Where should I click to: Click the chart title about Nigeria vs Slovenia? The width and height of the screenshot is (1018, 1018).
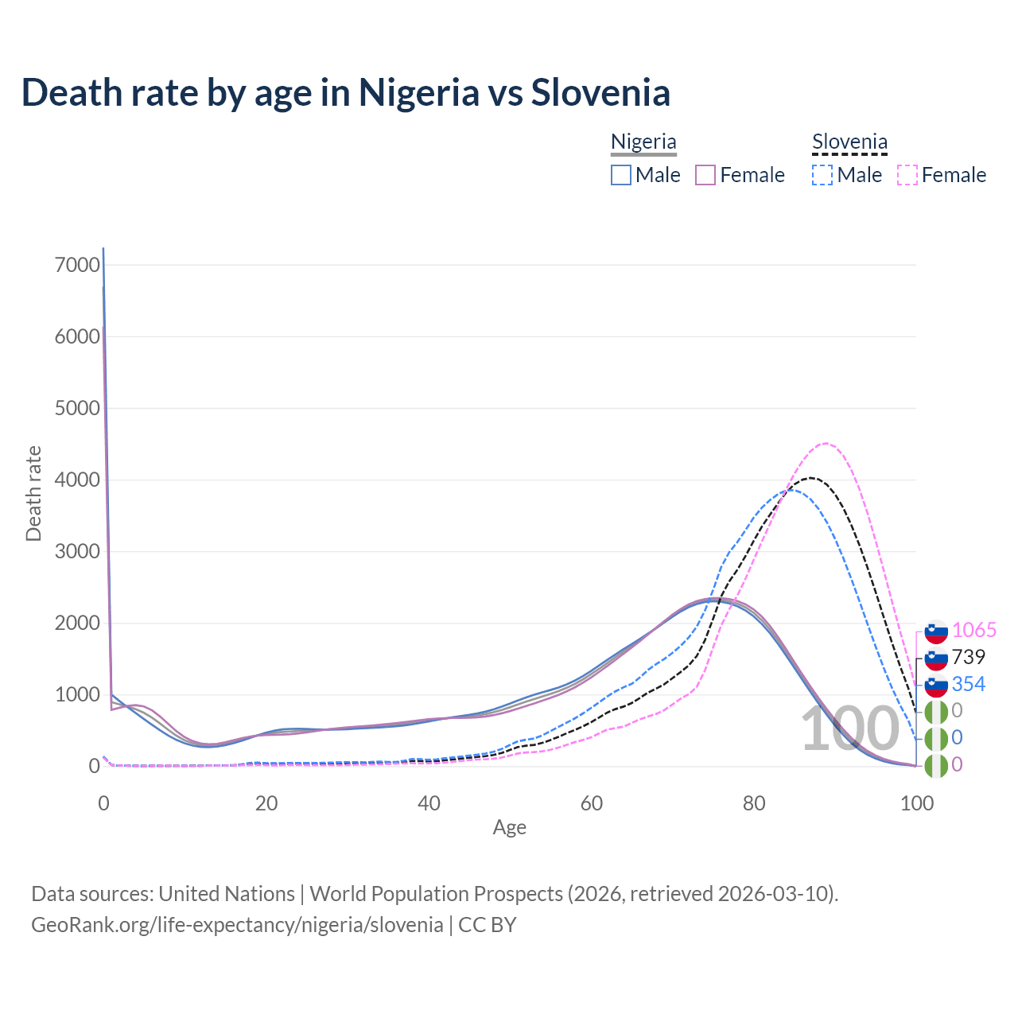click(x=346, y=92)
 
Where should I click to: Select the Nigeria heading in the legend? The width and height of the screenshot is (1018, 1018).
click(x=643, y=142)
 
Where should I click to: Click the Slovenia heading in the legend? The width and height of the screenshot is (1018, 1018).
click(x=849, y=142)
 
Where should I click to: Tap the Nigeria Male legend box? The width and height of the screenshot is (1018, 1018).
click(x=621, y=175)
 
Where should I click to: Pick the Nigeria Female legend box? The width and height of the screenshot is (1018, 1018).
click(x=705, y=175)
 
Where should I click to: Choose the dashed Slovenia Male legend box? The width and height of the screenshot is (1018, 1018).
click(x=822, y=175)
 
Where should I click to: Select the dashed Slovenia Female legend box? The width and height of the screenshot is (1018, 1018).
click(x=907, y=175)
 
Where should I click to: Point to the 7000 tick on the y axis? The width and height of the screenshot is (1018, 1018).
click(x=77, y=265)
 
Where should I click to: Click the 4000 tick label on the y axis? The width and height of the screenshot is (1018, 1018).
click(x=77, y=480)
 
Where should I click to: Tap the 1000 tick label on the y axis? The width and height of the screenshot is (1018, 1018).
click(x=77, y=694)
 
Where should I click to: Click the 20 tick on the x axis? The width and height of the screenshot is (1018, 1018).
click(x=266, y=803)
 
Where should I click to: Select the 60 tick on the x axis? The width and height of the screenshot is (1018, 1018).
click(x=592, y=803)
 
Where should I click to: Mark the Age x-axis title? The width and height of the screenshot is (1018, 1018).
click(x=509, y=828)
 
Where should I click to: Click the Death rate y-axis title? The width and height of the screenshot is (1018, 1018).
click(x=33, y=493)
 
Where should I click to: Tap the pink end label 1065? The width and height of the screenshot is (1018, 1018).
click(x=973, y=630)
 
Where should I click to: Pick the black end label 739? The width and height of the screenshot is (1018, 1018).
click(x=968, y=657)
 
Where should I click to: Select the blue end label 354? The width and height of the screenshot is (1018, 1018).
click(x=968, y=684)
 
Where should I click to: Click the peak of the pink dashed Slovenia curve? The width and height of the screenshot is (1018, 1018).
click(x=826, y=443)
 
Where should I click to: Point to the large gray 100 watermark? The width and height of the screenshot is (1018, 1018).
click(x=849, y=730)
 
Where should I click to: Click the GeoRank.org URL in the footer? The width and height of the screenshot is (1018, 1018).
click(x=237, y=925)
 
